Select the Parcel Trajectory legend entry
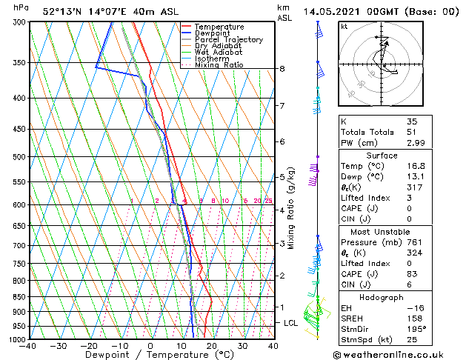coord(228,40)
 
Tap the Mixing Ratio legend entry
coord(219,65)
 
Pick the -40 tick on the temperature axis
coord(29,345)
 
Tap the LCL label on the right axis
coord(290,323)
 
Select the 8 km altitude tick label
coord(282,69)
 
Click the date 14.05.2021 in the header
coord(333,12)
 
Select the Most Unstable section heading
coord(381,232)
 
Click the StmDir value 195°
coord(416,328)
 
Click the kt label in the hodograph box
coord(344,26)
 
